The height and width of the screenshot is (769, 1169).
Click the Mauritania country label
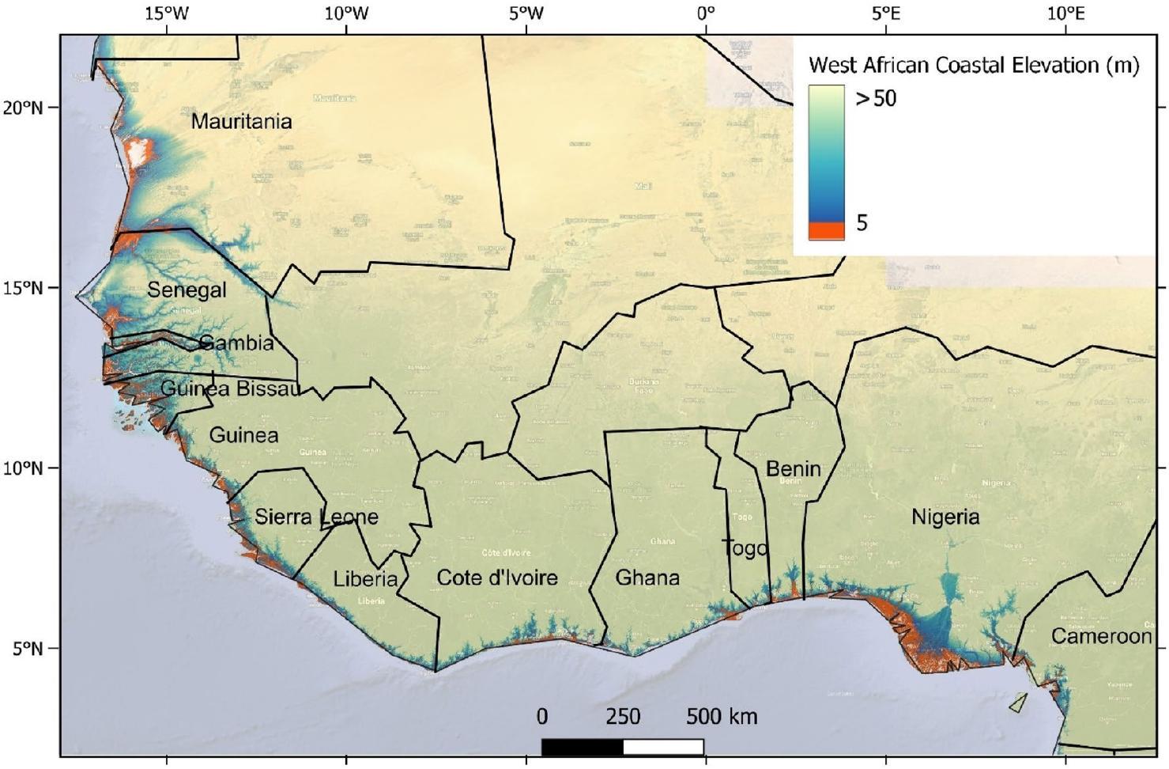coord(241,122)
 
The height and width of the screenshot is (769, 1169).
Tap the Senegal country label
coord(187,290)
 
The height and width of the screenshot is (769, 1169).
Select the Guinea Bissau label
coord(230,388)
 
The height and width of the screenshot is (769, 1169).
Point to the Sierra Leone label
coord(316,517)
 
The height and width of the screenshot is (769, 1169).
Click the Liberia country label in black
coord(365,579)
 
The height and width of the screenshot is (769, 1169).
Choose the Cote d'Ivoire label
coord(497,578)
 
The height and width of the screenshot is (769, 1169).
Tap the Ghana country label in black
coord(647,578)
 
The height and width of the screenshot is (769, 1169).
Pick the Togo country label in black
coord(745,548)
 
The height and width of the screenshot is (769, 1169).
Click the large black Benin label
coord(793,468)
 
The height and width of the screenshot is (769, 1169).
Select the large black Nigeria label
coord(945,517)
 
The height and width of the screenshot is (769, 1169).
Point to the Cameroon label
coord(1101,636)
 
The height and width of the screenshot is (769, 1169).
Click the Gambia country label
coord(236,343)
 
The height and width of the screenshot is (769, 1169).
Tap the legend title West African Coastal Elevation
coord(973,65)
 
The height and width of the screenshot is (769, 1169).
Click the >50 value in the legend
coord(876,99)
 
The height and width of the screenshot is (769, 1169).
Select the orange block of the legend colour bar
coord(826,231)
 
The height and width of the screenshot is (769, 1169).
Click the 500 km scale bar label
coord(721,717)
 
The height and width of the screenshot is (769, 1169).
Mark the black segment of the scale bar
coord(583,747)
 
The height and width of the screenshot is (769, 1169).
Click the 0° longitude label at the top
coord(705,13)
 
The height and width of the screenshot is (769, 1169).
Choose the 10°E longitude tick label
coord(1065,13)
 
